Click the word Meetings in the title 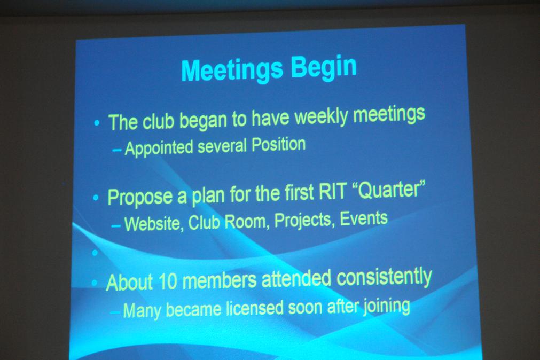[232, 71]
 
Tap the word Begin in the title [324, 67]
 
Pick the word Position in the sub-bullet [279, 145]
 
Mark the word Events [364, 218]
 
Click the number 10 [168, 282]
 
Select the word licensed [254, 308]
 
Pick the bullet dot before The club [97, 123]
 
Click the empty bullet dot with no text [95, 253]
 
